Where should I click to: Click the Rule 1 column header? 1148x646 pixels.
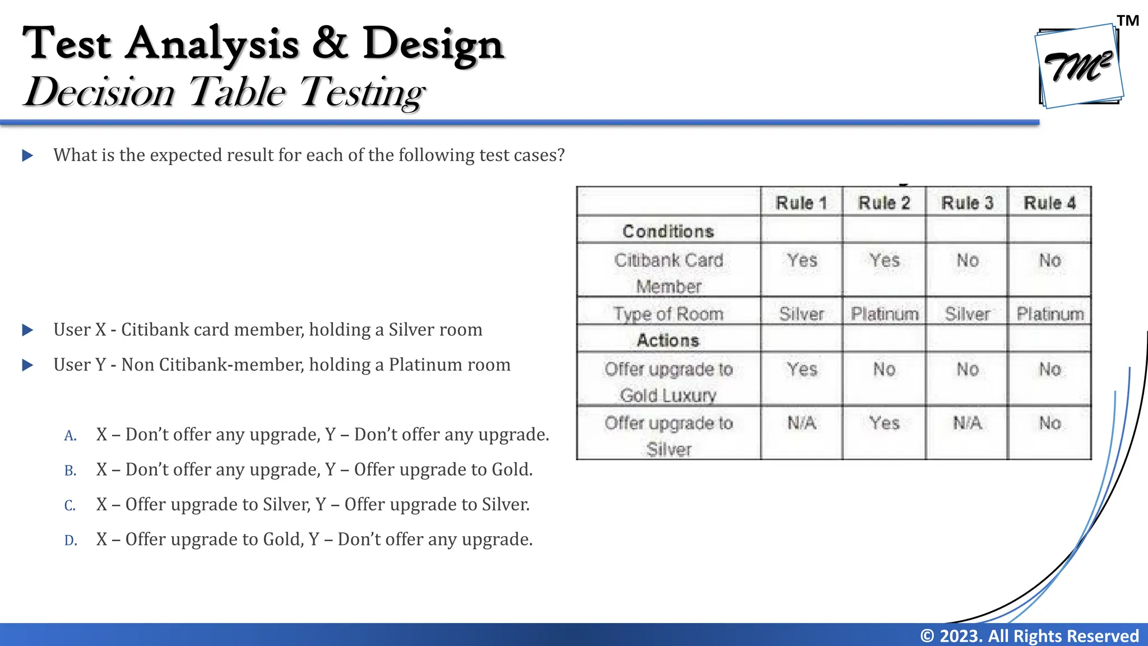(801, 203)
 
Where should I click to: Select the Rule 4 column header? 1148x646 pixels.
(1049, 203)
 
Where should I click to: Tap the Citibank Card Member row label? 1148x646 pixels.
(669, 273)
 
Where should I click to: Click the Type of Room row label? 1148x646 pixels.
(668, 313)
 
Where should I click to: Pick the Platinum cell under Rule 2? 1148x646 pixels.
(885, 313)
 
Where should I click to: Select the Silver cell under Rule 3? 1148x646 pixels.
(967, 313)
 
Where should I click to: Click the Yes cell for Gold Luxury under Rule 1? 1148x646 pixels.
(802, 370)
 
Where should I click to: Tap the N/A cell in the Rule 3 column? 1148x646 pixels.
(967, 423)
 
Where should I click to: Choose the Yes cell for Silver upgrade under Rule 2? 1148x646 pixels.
(885, 423)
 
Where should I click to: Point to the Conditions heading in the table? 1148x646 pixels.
(668, 231)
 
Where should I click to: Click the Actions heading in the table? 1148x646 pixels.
(668, 340)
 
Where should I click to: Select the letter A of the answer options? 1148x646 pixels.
(70, 436)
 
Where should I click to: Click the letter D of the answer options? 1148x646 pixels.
(71, 541)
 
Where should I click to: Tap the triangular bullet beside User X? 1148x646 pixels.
(27, 330)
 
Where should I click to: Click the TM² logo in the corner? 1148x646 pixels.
(1078, 66)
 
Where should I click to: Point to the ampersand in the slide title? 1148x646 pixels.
(330, 43)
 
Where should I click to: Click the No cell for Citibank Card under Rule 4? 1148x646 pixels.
(1049, 261)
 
